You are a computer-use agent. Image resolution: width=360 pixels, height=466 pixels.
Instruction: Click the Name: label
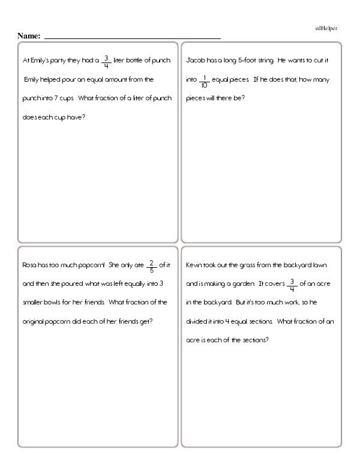tap(29, 37)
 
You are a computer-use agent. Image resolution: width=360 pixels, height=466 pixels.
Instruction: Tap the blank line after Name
tap(132, 38)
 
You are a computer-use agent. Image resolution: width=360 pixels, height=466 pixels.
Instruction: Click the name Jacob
tap(197, 61)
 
